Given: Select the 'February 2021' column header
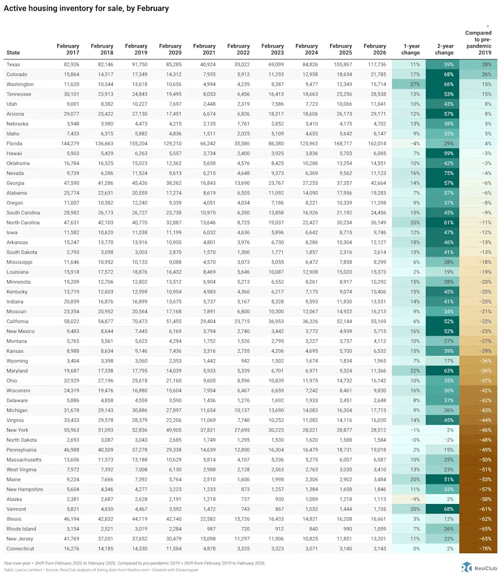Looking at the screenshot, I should [205, 49].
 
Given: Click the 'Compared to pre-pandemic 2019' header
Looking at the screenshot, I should [478, 43].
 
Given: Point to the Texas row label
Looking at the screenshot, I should [13, 65].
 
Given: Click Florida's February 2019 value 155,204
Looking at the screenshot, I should [137, 144].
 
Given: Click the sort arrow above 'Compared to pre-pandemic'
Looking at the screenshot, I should [487, 26].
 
